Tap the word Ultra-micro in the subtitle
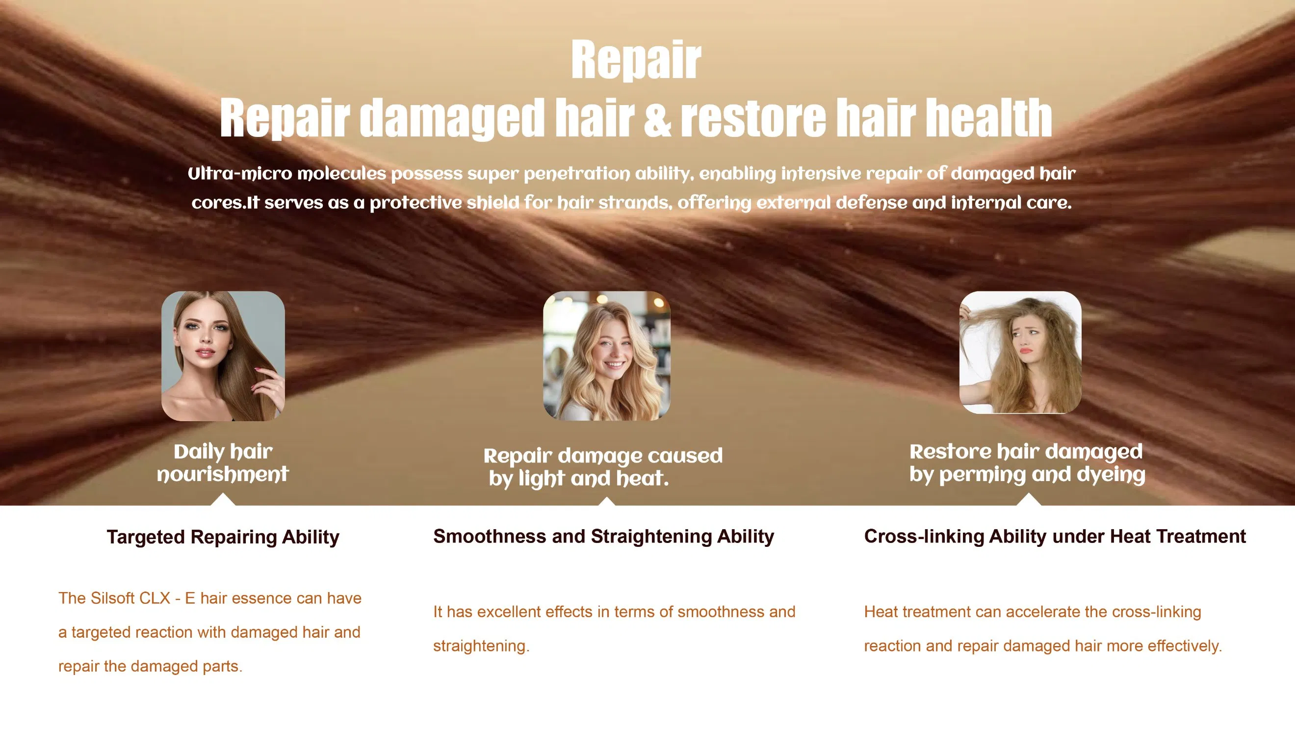click(x=239, y=174)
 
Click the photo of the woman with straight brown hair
click(x=223, y=355)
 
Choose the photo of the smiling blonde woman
click(x=606, y=355)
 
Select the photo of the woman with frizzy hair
click(x=1020, y=352)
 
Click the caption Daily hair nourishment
click(x=223, y=462)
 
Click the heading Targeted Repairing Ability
click(x=223, y=537)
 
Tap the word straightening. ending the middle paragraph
click(x=481, y=646)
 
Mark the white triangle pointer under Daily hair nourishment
click(x=223, y=500)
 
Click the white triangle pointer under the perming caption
click(x=1028, y=500)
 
